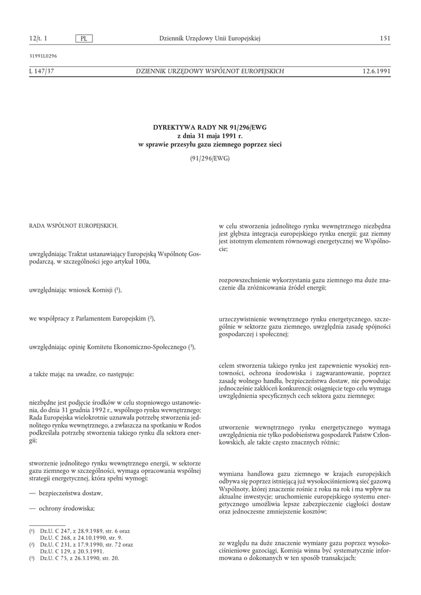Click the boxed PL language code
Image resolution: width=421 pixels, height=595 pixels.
(x=84, y=38)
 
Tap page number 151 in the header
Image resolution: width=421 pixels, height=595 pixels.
(x=384, y=38)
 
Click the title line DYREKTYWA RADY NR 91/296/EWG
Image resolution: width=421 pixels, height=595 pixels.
(x=210, y=127)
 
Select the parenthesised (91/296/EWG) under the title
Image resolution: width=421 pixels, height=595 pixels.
(x=210, y=158)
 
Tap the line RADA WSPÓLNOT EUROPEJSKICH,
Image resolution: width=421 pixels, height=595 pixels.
(x=73, y=225)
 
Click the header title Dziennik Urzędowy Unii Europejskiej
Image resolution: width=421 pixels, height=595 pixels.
(x=210, y=38)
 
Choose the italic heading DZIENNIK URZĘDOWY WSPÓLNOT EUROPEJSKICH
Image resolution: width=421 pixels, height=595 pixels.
(x=210, y=71)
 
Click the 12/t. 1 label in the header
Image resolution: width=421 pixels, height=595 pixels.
(x=38, y=38)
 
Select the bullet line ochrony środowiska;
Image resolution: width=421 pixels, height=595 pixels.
(x=66, y=508)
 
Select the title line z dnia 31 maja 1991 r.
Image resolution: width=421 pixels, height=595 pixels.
(x=210, y=135)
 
